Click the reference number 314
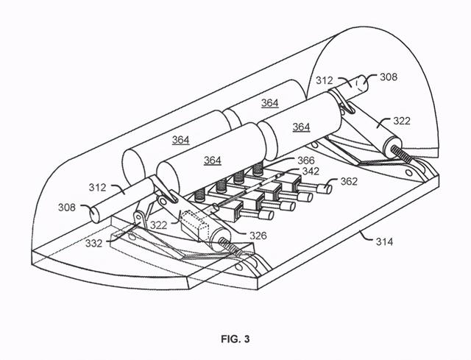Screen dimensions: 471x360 384,241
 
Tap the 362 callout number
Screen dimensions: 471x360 349,182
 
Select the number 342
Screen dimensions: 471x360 311,172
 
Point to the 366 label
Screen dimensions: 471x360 306,160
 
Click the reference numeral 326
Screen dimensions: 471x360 258,236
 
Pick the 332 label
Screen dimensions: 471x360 93,243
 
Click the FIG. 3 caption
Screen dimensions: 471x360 235,339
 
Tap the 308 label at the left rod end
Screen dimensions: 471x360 67,208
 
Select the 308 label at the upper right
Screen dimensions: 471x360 389,77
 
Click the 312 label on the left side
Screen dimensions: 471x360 97,188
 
